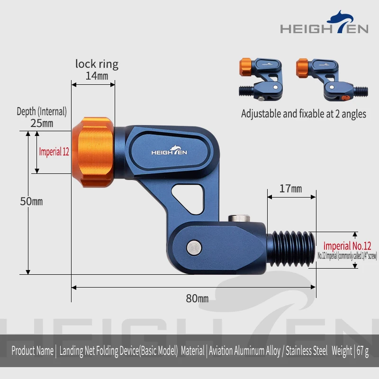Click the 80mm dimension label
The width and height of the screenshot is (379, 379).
[x=197, y=298]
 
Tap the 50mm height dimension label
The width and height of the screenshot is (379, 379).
[x=31, y=201]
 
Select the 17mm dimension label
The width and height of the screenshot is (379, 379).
[x=290, y=189]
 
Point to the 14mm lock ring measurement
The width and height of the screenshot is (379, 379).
[x=97, y=76]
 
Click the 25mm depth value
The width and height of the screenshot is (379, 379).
[x=42, y=123]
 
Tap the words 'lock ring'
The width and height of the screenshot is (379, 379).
[x=97, y=64]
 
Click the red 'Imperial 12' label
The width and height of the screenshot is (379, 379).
[x=54, y=152]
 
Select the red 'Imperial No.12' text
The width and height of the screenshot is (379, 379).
[x=347, y=246]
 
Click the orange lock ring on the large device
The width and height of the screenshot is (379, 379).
[x=93, y=152]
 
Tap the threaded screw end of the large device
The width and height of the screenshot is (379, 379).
[x=291, y=249]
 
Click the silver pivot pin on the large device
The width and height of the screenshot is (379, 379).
[x=194, y=248]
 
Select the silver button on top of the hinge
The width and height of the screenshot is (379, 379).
[x=239, y=218]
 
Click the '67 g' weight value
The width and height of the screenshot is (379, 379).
[x=362, y=351]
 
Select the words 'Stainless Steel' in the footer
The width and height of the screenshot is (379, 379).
[x=307, y=351]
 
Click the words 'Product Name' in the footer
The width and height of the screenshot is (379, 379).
[x=32, y=351]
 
